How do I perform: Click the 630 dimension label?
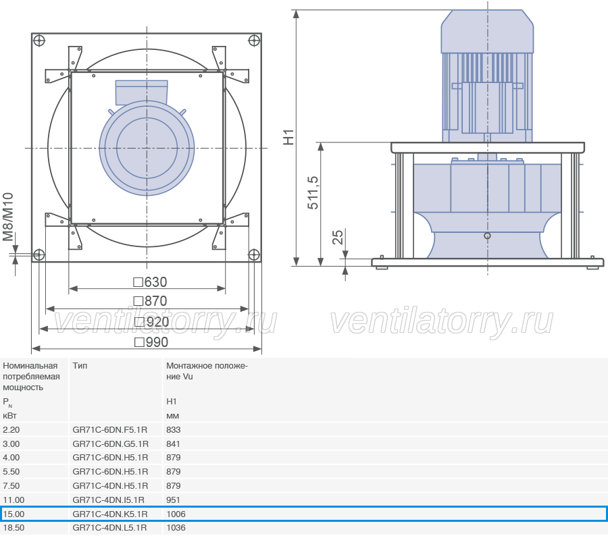pos(150,282)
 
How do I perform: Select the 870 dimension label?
pos(150,301)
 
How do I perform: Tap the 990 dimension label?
pos(151,342)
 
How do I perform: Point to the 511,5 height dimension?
pos(313,192)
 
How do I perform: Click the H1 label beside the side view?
pos(289,137)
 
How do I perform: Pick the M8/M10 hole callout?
pos(8,217)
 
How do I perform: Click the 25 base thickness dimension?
pos(338,237)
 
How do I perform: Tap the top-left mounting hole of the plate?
pos(39,41)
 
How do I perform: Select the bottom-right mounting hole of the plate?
pos(253,255)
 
